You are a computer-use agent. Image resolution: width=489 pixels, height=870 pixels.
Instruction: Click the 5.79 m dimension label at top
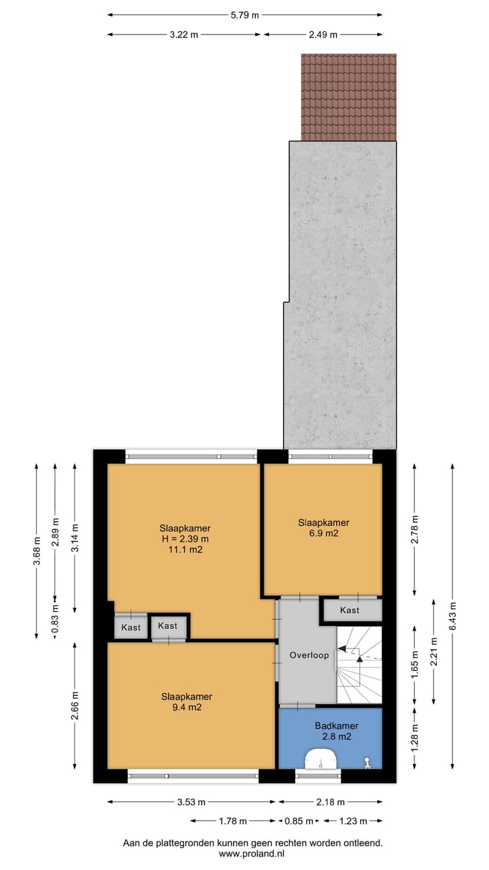(245, 15)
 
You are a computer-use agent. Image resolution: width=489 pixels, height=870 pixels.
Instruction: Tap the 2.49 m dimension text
(323, 34)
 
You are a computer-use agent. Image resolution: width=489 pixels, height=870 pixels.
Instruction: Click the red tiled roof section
(348, 97)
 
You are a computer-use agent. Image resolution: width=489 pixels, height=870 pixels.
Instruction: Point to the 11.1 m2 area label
(185, 550)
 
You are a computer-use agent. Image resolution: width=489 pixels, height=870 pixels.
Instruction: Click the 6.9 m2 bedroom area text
(323, 534)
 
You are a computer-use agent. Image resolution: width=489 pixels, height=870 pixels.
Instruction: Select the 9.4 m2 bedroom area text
(186, 708)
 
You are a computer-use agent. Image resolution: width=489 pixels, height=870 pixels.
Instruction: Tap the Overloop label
(309, 656)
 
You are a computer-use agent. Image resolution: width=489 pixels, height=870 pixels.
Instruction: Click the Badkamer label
(336, 726)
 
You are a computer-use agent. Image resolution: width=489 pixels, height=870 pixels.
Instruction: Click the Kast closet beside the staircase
(350, 610)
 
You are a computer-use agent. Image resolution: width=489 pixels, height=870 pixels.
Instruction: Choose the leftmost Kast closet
(130, 627)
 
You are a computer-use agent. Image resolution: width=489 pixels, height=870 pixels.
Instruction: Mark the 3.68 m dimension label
(37, 551)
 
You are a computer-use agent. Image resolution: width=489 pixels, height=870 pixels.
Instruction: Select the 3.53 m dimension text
(191, 802)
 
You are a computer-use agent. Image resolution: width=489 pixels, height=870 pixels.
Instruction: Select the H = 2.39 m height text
(185, 539)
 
